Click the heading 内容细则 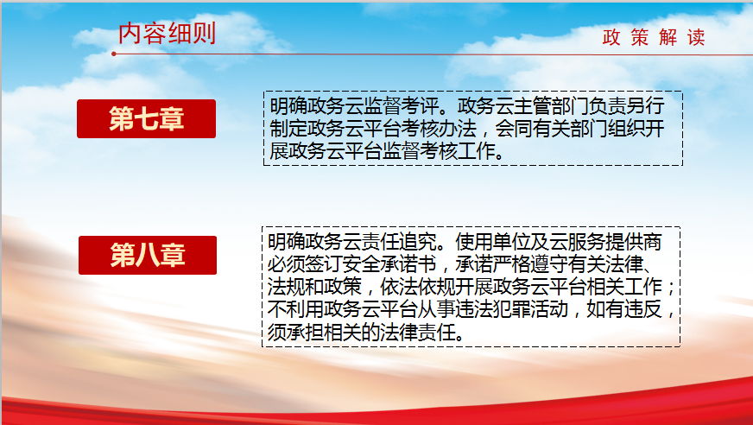[x=167, y=33]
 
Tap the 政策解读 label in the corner [x=654, y=37]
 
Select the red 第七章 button [x=147, y=118]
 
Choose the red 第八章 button [x=148, y=255]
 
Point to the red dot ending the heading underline [x=114, y=54]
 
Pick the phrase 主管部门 [x=552, y=106]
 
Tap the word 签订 [x=324, y=264]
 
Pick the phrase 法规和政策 [x=314, y=287]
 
